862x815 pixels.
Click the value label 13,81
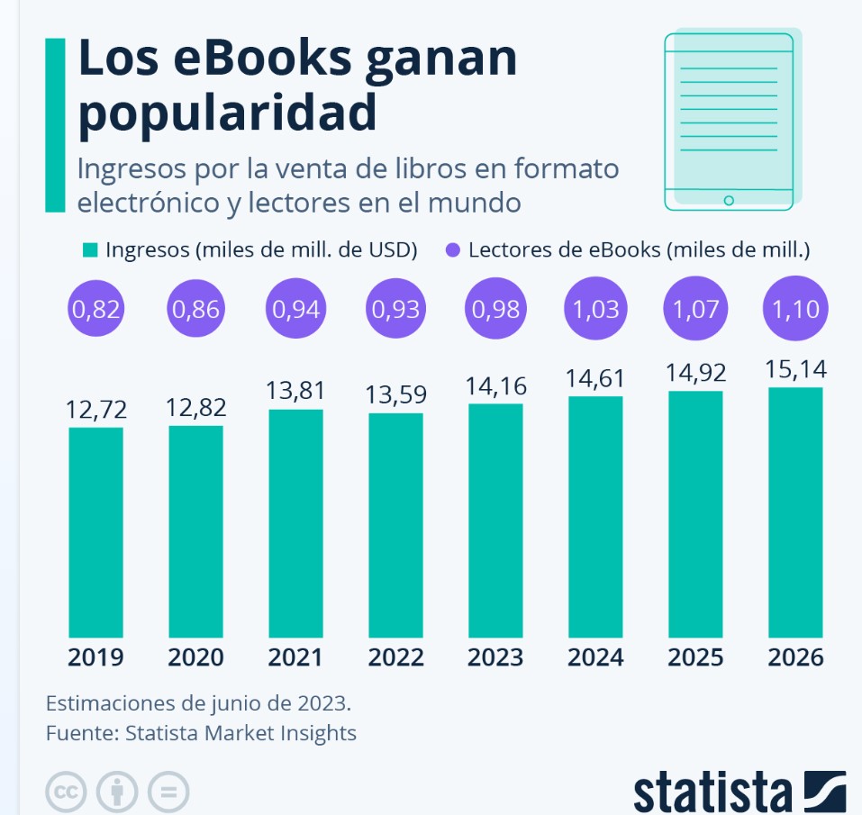295,391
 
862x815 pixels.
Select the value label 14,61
594,378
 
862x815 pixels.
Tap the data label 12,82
195,407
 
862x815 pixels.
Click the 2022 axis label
395,657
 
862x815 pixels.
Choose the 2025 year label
694,657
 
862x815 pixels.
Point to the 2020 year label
195,657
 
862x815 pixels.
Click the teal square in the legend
89,249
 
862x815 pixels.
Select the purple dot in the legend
451,249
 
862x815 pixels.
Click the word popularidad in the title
227,113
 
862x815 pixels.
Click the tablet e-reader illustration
729,122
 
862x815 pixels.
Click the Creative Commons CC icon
65,792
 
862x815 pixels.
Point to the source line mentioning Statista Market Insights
201,733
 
